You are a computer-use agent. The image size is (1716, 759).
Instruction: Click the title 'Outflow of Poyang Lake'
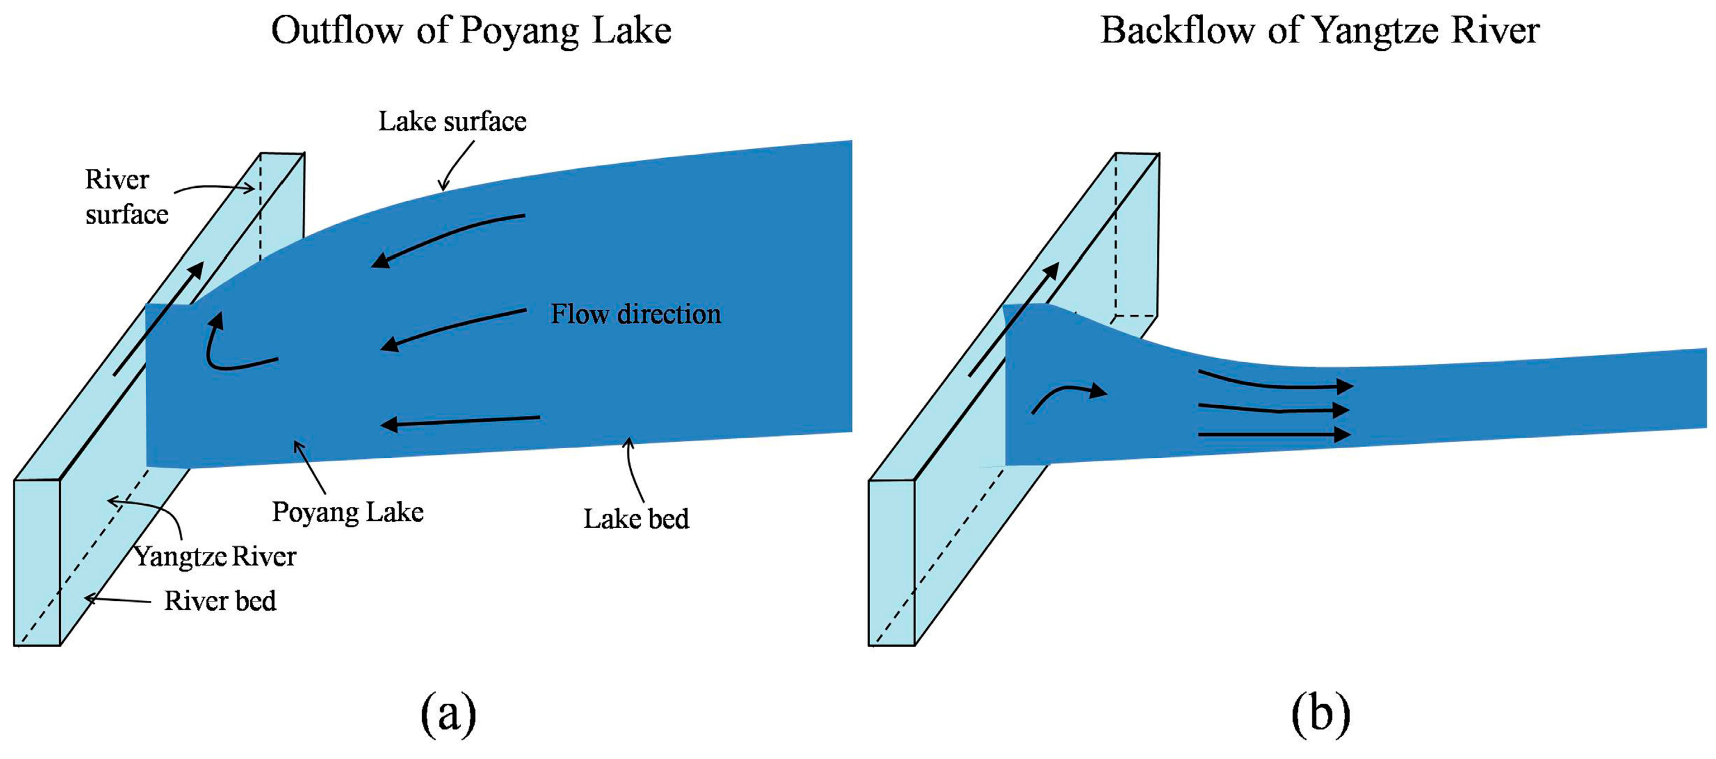click(x=471, y=31)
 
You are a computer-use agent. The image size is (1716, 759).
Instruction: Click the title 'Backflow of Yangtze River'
click(x=1319, y=31)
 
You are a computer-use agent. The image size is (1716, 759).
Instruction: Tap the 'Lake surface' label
click(x=452, y=121)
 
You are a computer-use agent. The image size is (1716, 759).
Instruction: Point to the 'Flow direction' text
click(x=636, y=314)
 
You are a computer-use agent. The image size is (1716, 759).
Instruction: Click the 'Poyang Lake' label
click(x=348, y=512)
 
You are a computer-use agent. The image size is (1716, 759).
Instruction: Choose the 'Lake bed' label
click(x=636, y=519)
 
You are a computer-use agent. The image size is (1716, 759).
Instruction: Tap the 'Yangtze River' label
click(x=215, y=556)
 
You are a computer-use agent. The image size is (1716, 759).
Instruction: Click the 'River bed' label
click(x=220, y=601)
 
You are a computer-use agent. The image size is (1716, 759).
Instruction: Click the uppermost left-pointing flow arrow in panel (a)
click(x=447, y=240)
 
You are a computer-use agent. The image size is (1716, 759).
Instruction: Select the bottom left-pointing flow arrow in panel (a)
click(x=460, y=421)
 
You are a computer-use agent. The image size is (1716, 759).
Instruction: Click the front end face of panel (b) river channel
click(x=892, y=562)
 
